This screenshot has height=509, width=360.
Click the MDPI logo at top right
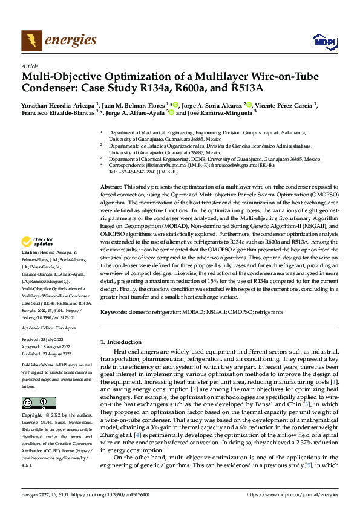(x=323, y=41)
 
